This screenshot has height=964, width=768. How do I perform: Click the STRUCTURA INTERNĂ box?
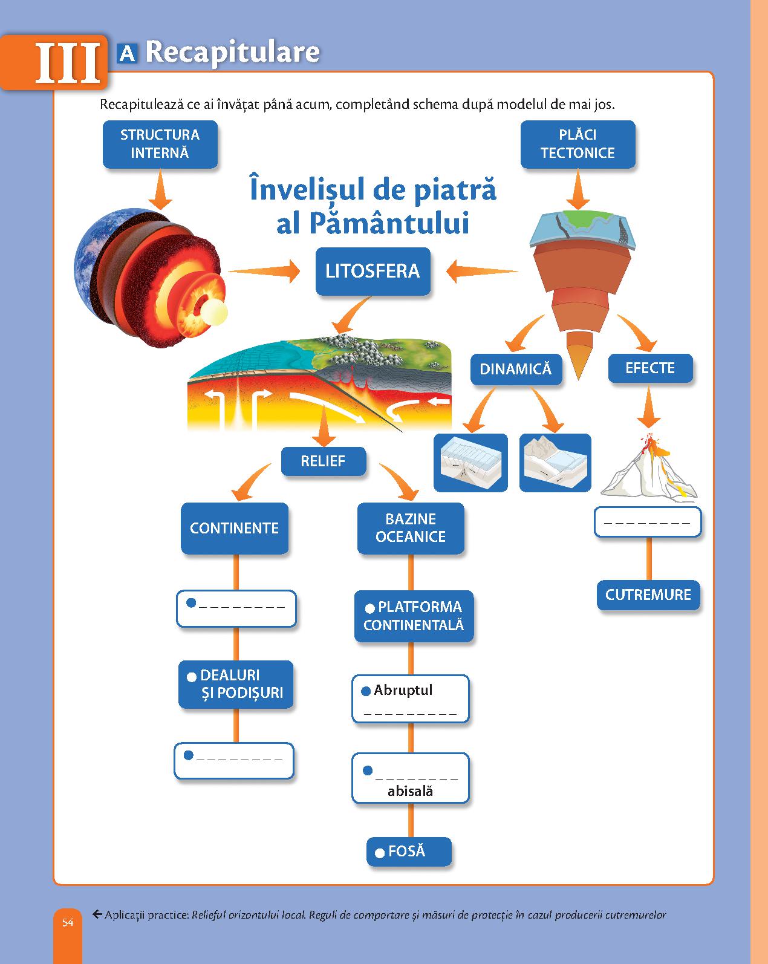160,144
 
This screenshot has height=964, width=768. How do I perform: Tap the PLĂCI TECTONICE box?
578,144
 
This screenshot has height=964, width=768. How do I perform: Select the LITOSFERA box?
373,271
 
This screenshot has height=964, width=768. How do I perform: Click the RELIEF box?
323,461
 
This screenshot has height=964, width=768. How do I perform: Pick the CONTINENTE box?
234,528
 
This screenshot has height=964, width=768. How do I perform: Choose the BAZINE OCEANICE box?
411,528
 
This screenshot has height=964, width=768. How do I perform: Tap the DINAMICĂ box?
516,369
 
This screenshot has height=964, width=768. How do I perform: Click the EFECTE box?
650,368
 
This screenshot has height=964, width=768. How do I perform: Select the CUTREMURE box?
648,594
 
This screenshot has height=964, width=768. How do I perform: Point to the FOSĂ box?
409,852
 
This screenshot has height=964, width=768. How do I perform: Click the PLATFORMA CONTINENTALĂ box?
414,616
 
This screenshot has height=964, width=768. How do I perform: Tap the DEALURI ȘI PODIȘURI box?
236,684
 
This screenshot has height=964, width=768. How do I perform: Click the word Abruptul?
403,690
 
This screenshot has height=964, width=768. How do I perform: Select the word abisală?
410,791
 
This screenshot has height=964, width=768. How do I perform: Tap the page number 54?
67,923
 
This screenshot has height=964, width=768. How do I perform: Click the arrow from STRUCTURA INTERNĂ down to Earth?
160,190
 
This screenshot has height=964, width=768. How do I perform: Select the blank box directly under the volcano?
648,522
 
